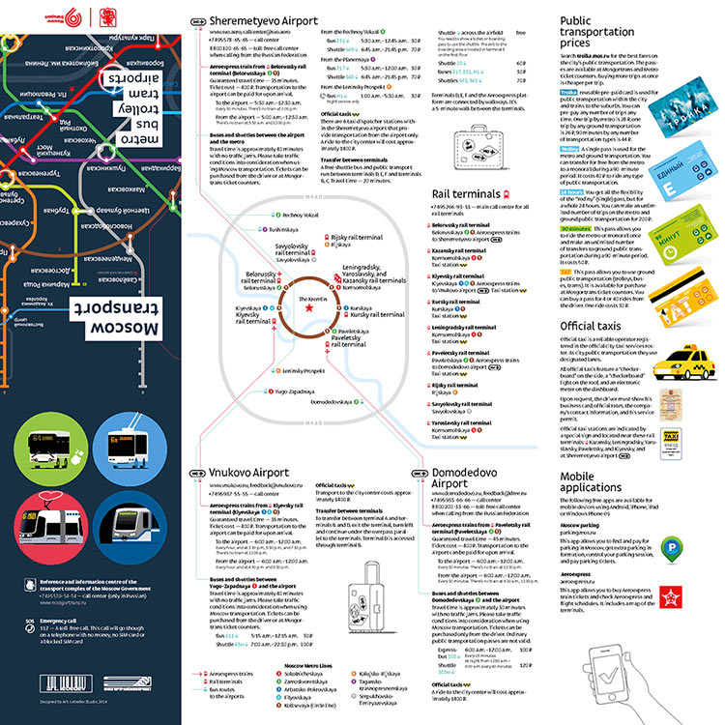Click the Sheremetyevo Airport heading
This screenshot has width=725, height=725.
click(x=251, y=19)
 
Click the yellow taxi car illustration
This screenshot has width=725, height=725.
click(x=693, y=365)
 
